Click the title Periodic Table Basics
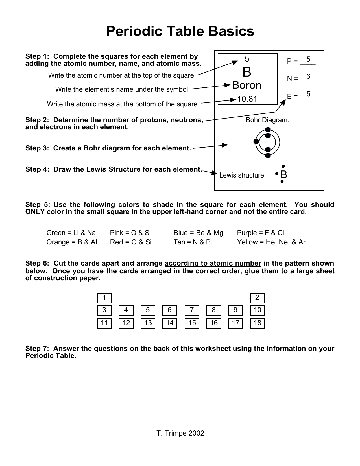pyautogui.click(x=180, y=31)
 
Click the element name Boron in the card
pyautogui.click(x=246, y=85)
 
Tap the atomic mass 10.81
pyautogui.click(x=247, y=99)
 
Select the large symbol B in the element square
pyautogui.click(x=246, y=72)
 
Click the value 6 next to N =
pyautogui.click(x=308, y=76)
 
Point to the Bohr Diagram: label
pyautogui.click(x=267, y=120)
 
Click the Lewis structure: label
pyautogui.click(x=242, y=175)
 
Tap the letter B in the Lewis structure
pyautogui.click(x=284, y=175)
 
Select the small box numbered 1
pyautogui.click(x=104, y=298)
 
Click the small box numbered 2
pyautogui.click(x=257, y=298)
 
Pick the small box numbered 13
pyautogui.click(x=148, y=323)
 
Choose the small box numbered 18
pyautogui.click(x=257, y=323)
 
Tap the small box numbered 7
pyautogui.click(x=192, y=310)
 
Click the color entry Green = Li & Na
pyautogui.click(x=71, y=233)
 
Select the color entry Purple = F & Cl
pyautogui.click(x=260, y=233)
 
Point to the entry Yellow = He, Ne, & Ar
pyautogui.click(x=271, y=242)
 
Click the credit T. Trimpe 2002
pyautogui.click(x=180, y=433)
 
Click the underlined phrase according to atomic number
pyautogui.click(x=213, y=263)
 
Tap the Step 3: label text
pyautogui.click(x=38, y=148)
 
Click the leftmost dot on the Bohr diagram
pyautogui.click(x=256, y=141)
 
